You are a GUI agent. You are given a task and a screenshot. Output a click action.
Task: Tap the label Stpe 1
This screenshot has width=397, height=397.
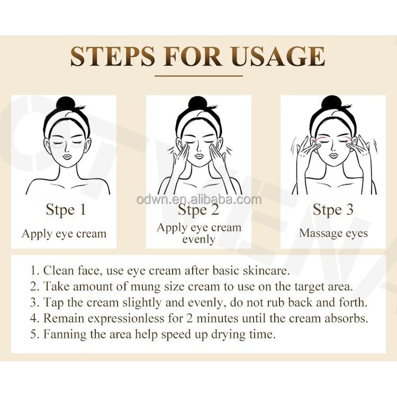coord(66,209)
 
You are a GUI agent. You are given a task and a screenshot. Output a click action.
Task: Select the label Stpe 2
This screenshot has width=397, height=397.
coord(198,210)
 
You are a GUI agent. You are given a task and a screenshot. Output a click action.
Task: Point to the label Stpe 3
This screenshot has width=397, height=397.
coord(333,209)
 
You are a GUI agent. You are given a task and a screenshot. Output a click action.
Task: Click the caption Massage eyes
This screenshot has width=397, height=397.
coord(333,233)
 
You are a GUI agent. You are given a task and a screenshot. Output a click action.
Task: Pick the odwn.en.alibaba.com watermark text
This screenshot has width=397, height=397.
coord(198,200)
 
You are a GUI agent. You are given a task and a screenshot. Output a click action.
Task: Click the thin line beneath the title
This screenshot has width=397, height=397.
coord(198,75)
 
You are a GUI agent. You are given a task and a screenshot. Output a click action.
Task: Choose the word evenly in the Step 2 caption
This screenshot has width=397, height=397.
coord(198,239)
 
